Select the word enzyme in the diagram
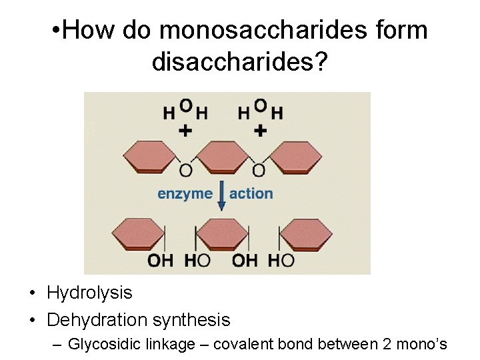point(185,194)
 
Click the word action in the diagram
point(251,194)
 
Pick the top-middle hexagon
point(223,157)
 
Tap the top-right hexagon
point(296,157)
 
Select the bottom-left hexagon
point(138,234)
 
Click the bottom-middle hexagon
point(223,234)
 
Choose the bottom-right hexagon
point(307,234)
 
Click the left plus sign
point(185,131)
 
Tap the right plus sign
point(260,131)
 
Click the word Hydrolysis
point(89,293)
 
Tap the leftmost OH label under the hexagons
point(160,261)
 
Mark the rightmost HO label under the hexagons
point(281,261)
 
